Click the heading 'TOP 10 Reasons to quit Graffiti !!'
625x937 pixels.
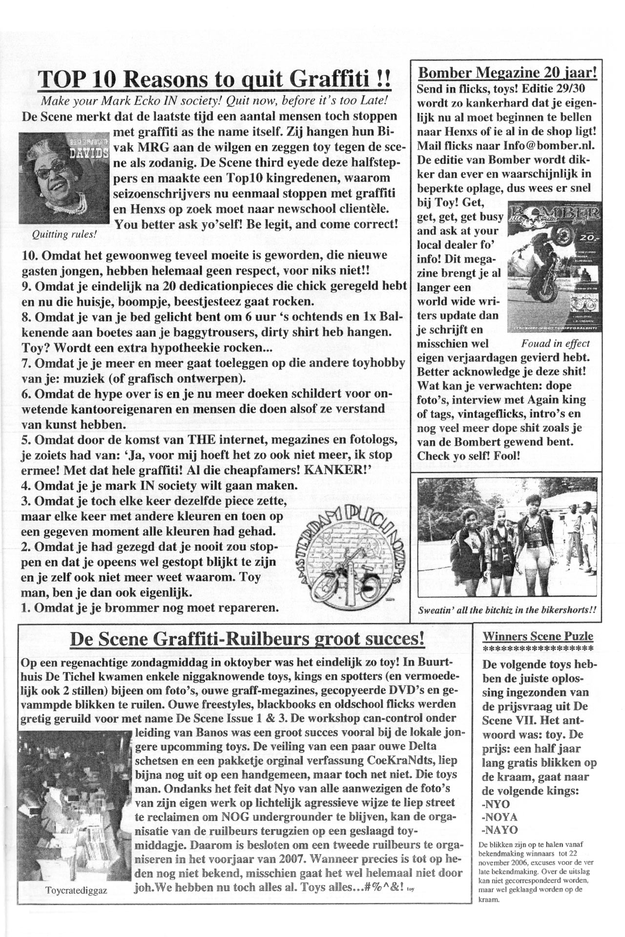coord(214,79)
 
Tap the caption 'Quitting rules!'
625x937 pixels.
coord(64,234)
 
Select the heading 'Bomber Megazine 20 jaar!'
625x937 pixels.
coord(508,73)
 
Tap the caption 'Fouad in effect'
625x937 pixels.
coord(556,343)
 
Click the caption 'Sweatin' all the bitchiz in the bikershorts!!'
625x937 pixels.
coord(508,610)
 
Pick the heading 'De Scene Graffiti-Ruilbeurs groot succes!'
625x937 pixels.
coord(247,638)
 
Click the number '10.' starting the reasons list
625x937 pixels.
coord(32,255)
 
